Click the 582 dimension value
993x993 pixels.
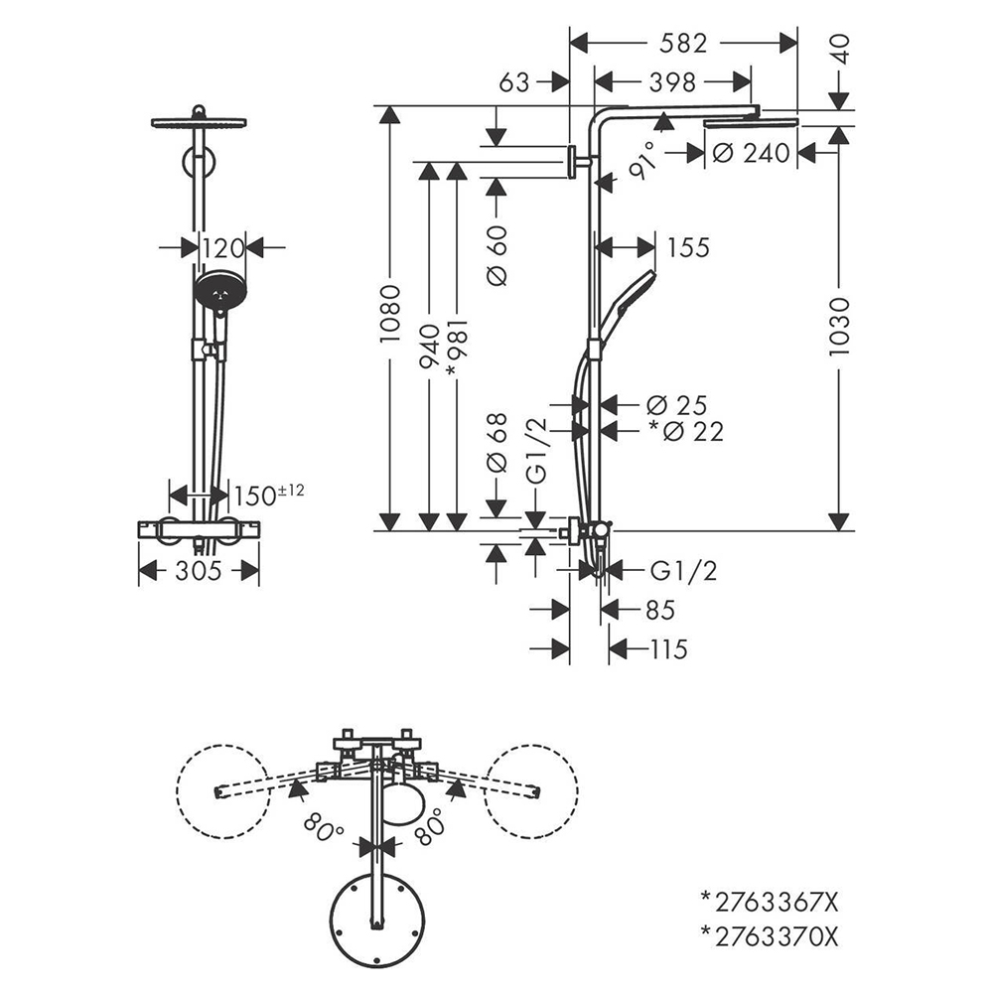pyautogui.click(x=683, y=44)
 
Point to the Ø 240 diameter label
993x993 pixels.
pyautogui.click(x=751, y=153)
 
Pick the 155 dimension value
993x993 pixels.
pyautogui.click(x=689, y=247)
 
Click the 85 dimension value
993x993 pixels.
pyautogui.click(x=660, y=610)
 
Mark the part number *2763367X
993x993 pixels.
pyautogui.click(x=770, y=903)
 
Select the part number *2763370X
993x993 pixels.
pyautogui.click(x=770, y=935)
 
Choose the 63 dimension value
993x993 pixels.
pyautogui.click(x=514, y=82)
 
